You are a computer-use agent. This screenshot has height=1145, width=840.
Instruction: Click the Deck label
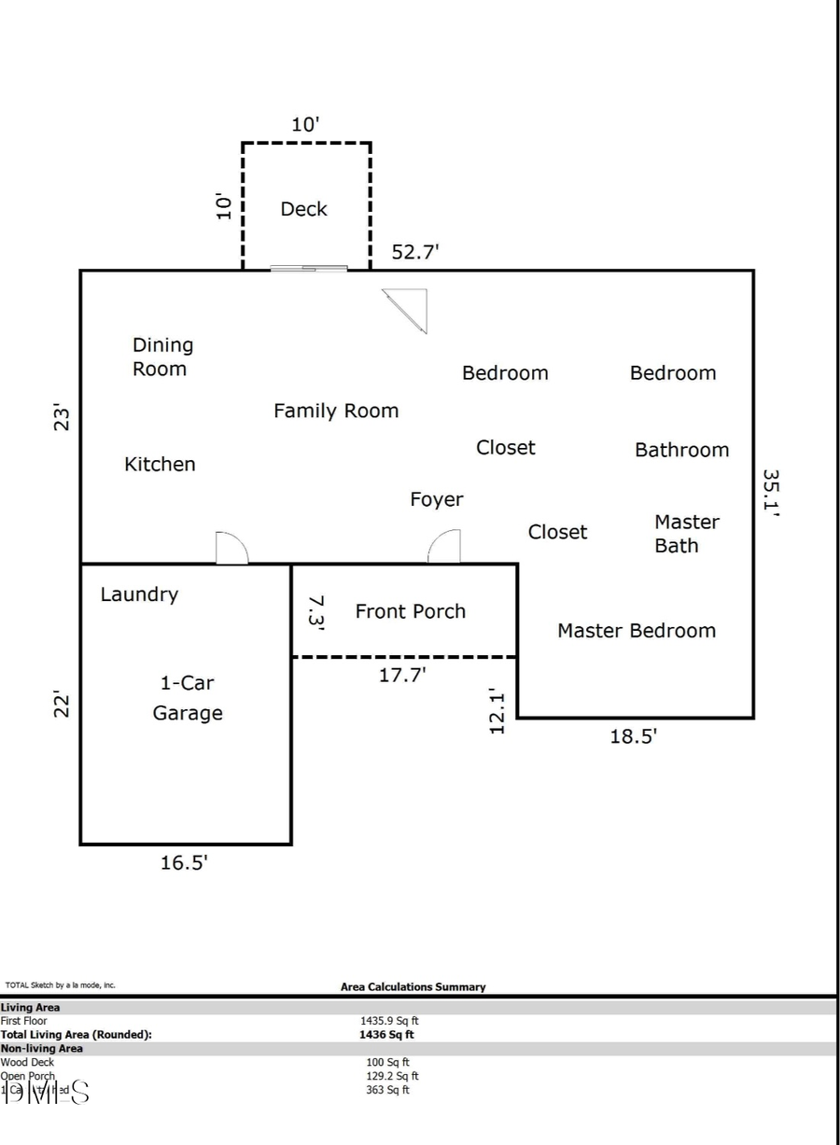pos(303,209)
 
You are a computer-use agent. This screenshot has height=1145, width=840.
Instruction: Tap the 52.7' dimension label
pos(415,252)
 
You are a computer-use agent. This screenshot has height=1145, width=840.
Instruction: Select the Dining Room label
pos(162,356)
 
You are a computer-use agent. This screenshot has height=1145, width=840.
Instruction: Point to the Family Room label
pos(335,411)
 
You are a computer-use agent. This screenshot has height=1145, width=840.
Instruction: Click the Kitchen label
pos(160,464)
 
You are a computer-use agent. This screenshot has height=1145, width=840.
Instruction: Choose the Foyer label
pos(436,499)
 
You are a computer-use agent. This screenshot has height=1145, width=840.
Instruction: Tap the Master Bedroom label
pos(636,631)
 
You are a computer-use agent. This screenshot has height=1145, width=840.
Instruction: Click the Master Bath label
pos(686,534)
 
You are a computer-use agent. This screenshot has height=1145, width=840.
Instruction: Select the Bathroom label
pos(681,450)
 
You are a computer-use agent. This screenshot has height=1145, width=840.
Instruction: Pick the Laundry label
pos(139,594)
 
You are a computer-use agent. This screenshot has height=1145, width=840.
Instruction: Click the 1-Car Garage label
pos(188,698)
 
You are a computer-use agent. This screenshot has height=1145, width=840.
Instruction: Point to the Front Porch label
pos(410,611)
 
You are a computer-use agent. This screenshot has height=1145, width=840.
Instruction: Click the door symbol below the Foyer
pos(445,547)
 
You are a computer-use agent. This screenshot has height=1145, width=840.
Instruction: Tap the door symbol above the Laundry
pos(231,549)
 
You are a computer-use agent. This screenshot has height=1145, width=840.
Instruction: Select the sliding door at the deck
pos(309,269)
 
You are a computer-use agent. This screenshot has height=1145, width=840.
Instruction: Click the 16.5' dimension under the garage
pos(184,863)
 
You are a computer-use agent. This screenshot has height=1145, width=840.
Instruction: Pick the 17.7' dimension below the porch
pos(402,675)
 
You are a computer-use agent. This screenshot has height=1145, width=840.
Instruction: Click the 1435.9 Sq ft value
pos(389,1021)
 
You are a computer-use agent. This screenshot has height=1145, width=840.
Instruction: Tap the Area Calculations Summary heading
pos(413,986)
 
